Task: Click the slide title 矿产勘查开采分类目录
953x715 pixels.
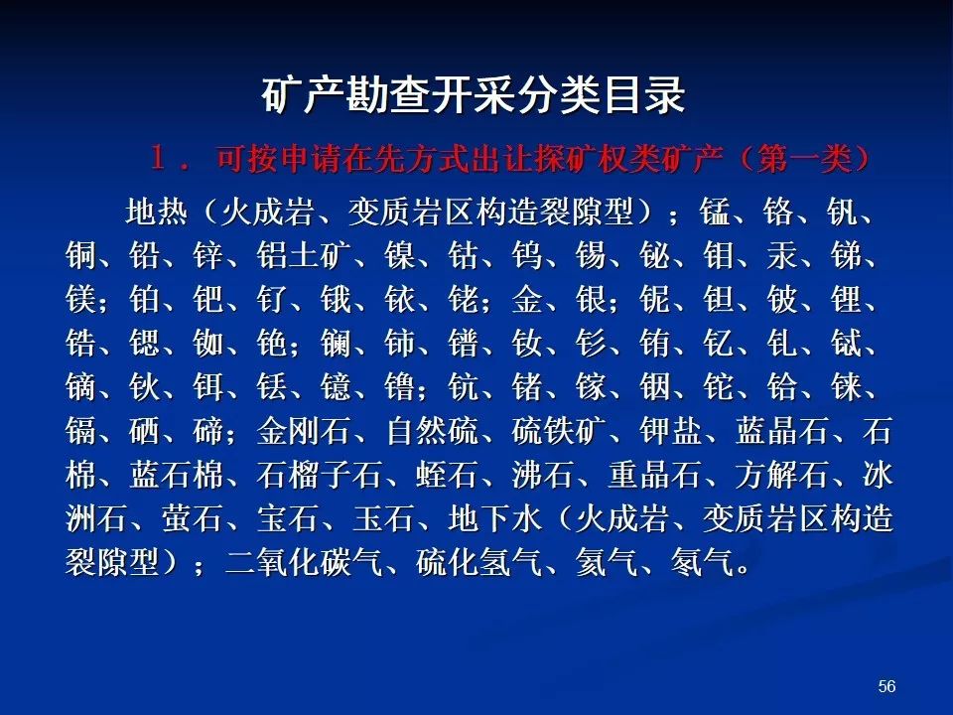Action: [474, 95]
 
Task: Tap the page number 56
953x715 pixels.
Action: [886, 686]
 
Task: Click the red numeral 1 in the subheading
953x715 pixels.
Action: [158, 159]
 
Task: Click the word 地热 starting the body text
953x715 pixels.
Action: [156, 213]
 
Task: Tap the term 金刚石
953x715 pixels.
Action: [304, 431]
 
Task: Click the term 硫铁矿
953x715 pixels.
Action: [559, 431]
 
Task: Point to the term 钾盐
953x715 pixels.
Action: [671, 431]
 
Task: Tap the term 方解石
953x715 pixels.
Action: [782, 475]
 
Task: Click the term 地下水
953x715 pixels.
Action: [494, 518]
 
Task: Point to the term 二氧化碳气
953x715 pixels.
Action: [304, 562]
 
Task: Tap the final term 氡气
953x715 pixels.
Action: [702, 562]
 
